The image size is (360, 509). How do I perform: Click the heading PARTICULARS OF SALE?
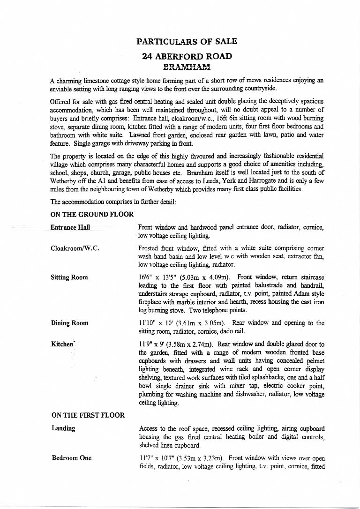click(187, 41)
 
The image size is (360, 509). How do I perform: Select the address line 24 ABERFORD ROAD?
click(187, 56)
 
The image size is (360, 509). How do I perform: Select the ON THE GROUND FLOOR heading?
click(92, 214)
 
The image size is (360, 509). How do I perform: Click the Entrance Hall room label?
click(70, 227)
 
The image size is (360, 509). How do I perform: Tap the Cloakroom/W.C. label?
click(75, 248)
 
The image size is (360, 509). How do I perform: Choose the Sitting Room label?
click(69, 277)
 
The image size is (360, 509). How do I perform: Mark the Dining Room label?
click(69, 323)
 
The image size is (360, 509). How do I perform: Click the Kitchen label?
click(62, 344)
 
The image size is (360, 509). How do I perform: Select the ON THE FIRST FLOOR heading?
click(88, 415)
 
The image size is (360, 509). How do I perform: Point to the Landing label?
click(63, 428)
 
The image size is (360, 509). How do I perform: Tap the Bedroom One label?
click(72, 458)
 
